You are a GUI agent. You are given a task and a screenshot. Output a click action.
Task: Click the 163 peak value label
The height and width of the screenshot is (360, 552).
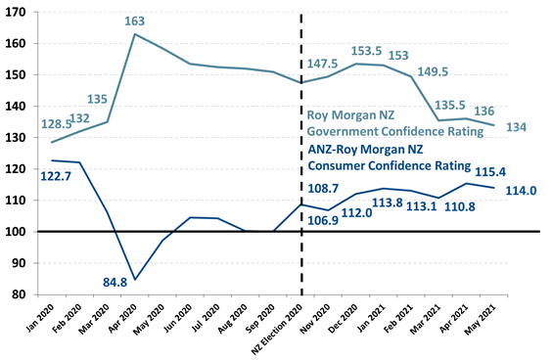pyautogui.click(x=134, y=21)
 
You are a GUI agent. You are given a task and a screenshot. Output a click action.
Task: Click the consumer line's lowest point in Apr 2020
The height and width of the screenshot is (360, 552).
pyautogui.click(x=134, y=279)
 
